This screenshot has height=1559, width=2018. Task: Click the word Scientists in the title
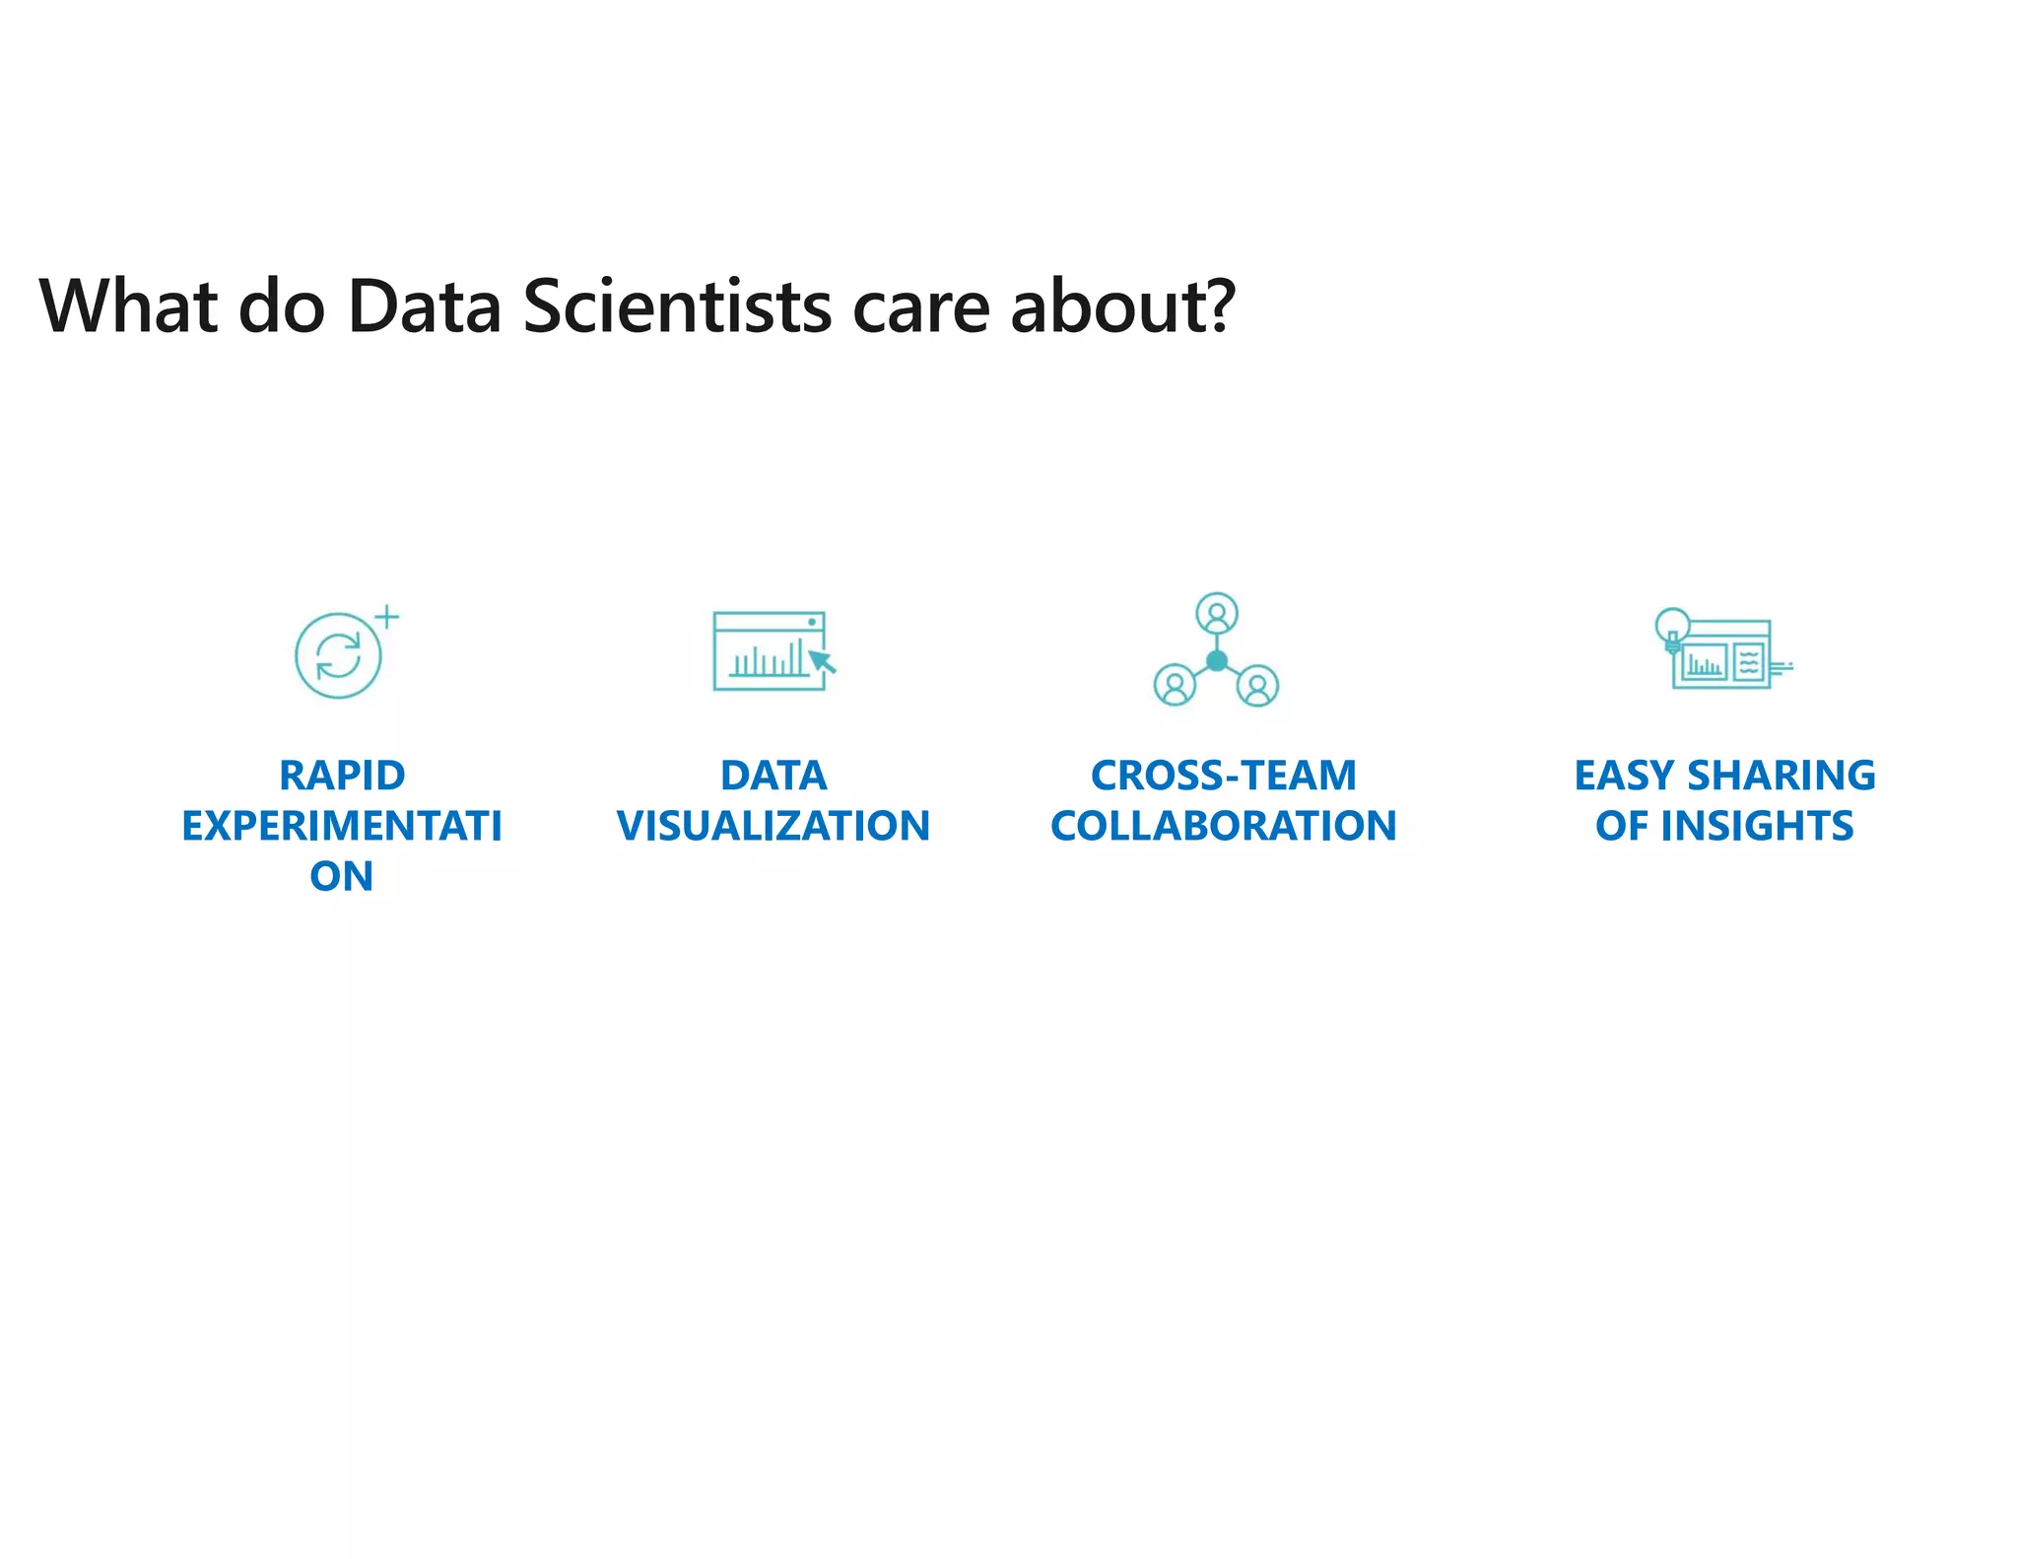coord(677,306)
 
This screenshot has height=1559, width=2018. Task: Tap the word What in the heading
coord(127,306)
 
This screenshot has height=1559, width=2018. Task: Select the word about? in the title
coord(1122,306)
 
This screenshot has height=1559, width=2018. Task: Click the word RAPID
coord(342,776)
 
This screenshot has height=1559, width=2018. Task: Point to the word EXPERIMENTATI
coord(342,826)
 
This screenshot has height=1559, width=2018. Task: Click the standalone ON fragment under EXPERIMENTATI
coord(341,876)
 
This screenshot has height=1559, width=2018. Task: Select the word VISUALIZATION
coord(774,826)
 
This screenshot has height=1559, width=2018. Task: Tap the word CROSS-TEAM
coord(1223,776)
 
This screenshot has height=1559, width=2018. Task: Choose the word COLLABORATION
coord(1223,826)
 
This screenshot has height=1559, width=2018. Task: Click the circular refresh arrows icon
coord(338,656)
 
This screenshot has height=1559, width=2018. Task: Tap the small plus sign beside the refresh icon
coord(387,617)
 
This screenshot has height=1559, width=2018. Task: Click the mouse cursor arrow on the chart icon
coord(822,661)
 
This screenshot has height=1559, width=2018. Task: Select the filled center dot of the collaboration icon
coord(1217,661)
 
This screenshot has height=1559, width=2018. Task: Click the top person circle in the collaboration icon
coord(1217,613)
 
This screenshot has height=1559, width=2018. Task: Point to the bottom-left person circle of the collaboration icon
coord(1175,685)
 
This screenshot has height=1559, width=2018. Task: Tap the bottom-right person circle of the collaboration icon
coord(1258,686)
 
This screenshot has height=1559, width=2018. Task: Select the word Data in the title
coord(425,306)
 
